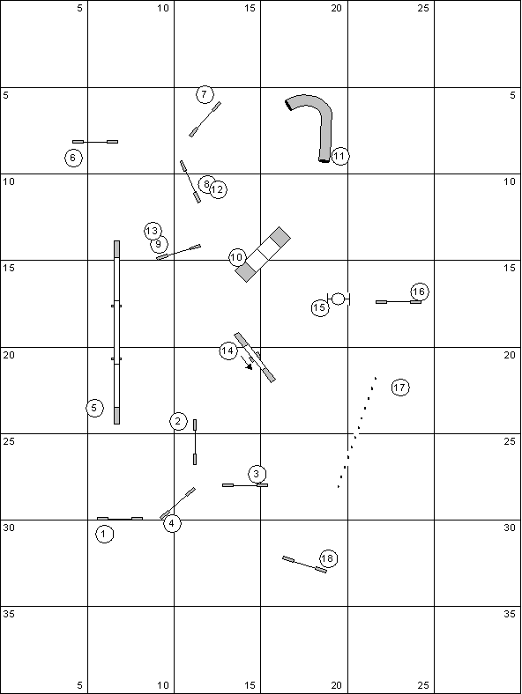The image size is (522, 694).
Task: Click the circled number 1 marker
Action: (105, 534)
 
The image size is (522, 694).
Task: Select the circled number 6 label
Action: (73, 158)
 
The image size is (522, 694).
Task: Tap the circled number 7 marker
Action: (205, 94)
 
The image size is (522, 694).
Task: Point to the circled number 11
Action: (339, 156)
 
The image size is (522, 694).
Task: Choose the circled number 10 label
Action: (237, 257)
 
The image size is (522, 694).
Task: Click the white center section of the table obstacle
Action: (263, 254)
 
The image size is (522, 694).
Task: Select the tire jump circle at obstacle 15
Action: (338, 299)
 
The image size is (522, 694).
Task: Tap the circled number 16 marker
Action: (419, 292)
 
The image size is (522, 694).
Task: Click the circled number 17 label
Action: (400, 388)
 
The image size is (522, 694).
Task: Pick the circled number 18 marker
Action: (328, 558)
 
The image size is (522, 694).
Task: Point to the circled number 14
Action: (228, 351)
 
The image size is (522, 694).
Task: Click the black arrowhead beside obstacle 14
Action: (250, 366)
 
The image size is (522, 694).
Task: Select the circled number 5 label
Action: (94, 408)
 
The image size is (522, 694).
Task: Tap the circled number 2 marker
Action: (178, 421)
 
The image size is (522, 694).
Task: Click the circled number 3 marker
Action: (257, 474)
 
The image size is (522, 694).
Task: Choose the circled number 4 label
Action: (172, 524)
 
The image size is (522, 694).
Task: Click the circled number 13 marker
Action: (153, 231)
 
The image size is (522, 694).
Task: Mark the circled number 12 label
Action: (218, 190)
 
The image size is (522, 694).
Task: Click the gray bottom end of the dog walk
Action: (117, 416)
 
